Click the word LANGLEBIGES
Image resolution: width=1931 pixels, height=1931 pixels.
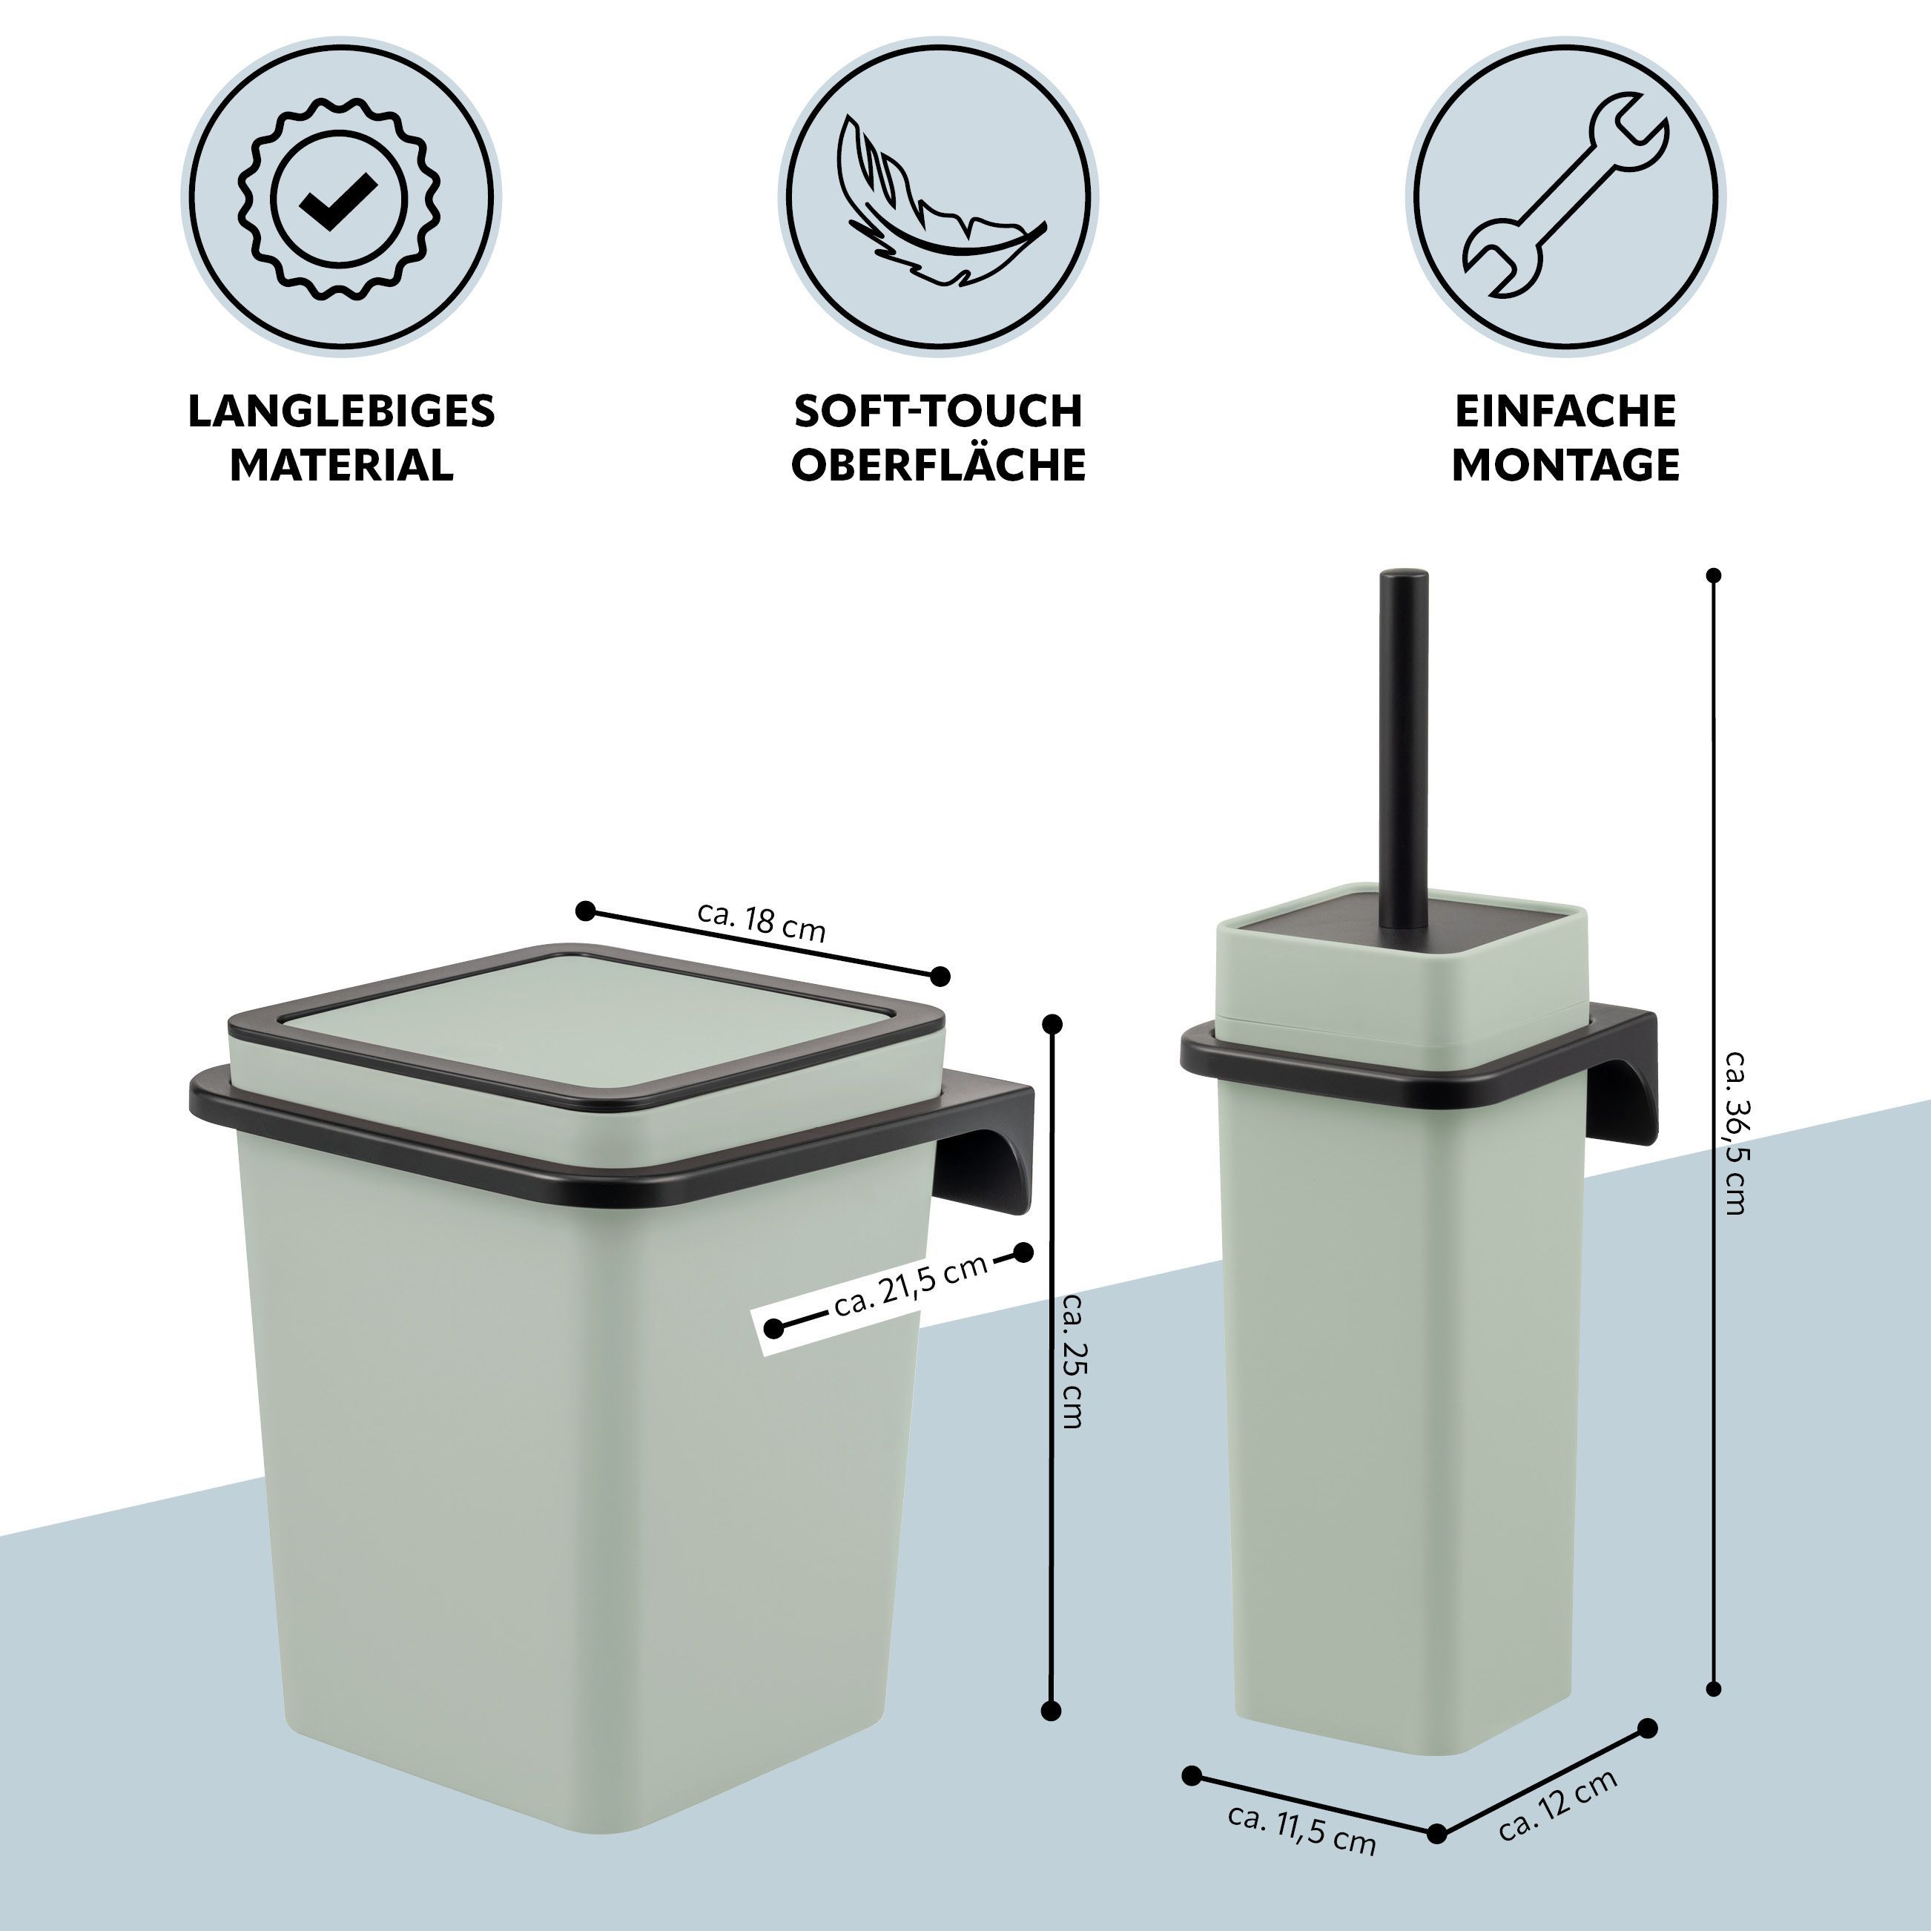click(x=341, y=411)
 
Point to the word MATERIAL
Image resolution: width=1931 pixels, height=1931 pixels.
click(x=341, y=465)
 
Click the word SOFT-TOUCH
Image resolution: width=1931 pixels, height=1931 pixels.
click(x=939, y=411)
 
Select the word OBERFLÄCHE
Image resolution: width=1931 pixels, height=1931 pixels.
click(x=939, y=465)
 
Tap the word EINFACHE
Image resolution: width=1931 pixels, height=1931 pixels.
click(x=1565, y=411)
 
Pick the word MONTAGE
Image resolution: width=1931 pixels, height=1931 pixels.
click(x=1565, y=465)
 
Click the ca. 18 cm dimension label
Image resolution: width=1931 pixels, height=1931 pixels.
click(x=762, y=922)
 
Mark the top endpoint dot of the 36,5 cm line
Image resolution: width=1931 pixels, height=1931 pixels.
click(x=1714, y=575)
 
